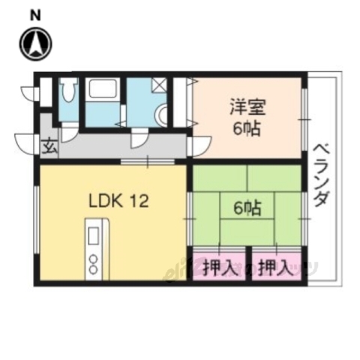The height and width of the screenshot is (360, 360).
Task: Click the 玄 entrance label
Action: pos(47,145)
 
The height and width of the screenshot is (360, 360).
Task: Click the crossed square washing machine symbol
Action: pos(159,85)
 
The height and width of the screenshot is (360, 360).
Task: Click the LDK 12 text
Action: pos(118,200)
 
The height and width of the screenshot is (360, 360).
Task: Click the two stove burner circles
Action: pos(94,263)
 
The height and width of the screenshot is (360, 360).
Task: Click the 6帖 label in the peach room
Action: pos(246,128)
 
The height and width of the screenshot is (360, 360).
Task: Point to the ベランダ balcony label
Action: pos(320,177)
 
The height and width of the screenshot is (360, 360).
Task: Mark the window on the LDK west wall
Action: pos(35,217)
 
